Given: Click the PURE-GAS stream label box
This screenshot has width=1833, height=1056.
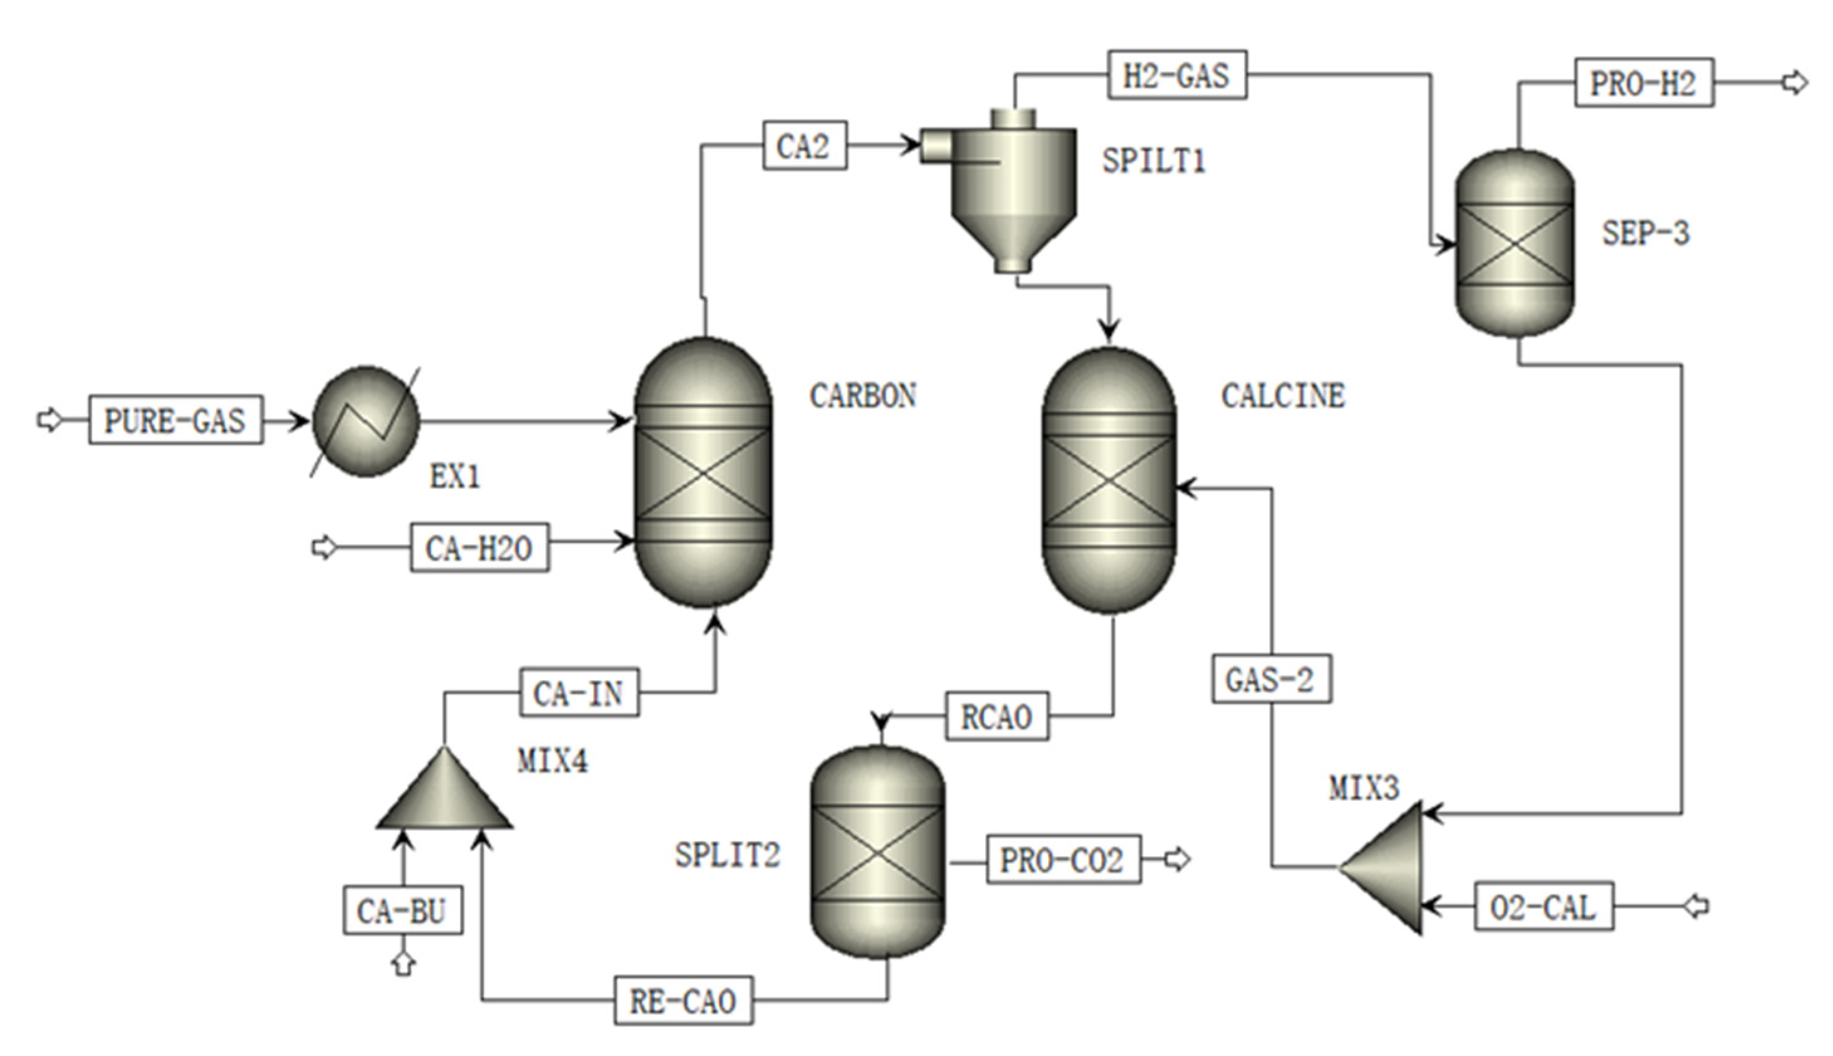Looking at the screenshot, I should (175, 420).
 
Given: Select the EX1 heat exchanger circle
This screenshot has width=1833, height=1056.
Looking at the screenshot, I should (366, 421).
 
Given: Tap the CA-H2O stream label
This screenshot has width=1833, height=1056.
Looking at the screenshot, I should (479, 547).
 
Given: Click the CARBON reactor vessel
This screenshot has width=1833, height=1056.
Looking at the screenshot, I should (703, 472).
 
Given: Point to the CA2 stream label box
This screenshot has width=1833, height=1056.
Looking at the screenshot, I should (804, 146).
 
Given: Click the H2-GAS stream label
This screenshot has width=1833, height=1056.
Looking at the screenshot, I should (1177, 75).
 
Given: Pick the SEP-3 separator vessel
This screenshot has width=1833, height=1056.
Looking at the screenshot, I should (1514, 244).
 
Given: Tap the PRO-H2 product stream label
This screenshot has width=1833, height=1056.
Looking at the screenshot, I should (1644, 83).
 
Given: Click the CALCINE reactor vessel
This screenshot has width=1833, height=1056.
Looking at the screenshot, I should (1108, 480).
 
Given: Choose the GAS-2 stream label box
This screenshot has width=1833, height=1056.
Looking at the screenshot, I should (1271, 679).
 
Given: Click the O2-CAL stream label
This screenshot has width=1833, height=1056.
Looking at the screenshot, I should (1544, 906).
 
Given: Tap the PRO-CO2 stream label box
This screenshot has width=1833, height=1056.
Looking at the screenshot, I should (1063, 859).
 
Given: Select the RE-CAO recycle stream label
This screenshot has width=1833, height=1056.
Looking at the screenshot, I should (683, 1001).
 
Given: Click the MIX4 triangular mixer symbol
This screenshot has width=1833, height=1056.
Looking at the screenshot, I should (444, 794).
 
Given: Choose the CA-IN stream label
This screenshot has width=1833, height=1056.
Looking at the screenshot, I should (579, 693).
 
